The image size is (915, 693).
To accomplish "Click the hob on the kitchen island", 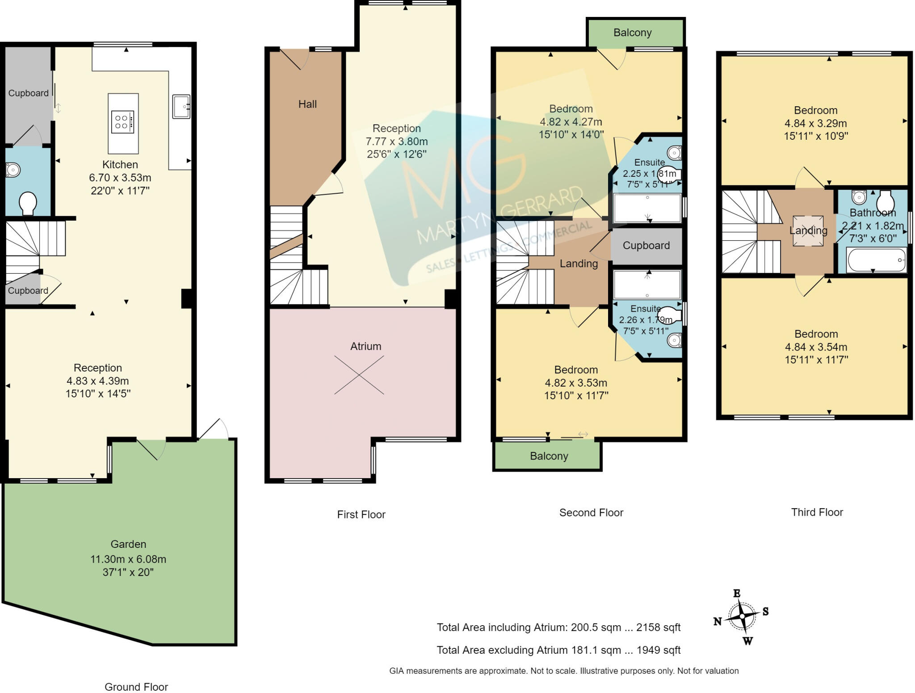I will pyautogui.click(x=123, y=122).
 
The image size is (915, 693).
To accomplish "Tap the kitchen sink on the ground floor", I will pyautogui.click(x=181, y=107).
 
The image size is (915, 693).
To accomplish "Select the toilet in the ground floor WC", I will pyautogui.click(x=28, y=203).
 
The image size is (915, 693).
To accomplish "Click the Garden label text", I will pyautogui.click(x=128, y=544).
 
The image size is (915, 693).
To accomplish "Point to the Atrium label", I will pyautogui.click(x=365, y=346).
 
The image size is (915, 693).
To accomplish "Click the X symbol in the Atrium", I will pyautogui.click(x=359, y=375).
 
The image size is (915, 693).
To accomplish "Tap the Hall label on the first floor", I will pyautogui.click(x=307, y=104).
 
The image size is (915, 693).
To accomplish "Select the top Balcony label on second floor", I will pyautogui.click(x=632, y=33).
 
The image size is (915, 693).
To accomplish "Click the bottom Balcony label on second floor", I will pyautogui.click(x=549, y=456).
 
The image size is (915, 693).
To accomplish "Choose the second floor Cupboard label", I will pyautogui.click(x=646, y=245).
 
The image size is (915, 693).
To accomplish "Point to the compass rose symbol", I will pyautogui.click(x=742, y=616).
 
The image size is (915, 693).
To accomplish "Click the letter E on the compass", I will pyautogui.click(x=737, y=593).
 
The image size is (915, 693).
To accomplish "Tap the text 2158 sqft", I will pyautogui.click(x=658, y=627).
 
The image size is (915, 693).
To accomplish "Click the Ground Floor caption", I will pyautogui.click(x=136, y=687).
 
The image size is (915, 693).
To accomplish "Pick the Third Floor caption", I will pyautogui.click(x=817, y=512).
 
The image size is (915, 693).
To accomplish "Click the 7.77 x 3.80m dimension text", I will pyautogui.click(x=397, y=142).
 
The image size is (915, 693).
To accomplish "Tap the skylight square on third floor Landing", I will pyautogui.click(x=808, y=231).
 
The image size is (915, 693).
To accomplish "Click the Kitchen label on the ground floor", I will pyautogui.click(x=120, y=164).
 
